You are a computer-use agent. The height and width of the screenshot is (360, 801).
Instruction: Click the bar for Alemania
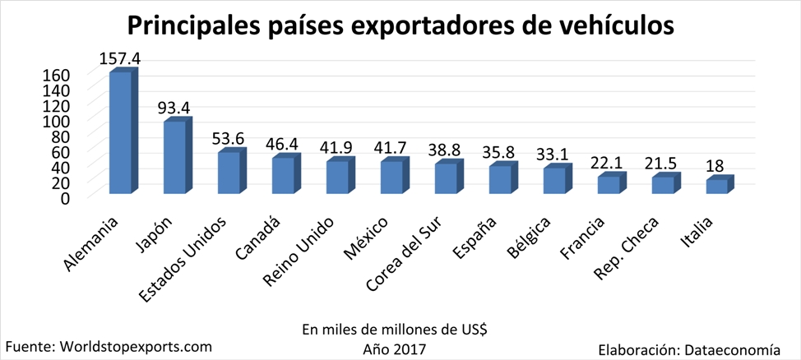point(121,133)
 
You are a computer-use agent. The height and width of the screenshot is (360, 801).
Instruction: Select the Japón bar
point(175,158)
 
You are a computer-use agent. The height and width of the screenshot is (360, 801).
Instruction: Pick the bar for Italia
point(717,187)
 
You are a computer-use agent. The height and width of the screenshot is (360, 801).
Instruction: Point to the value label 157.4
point(119,59)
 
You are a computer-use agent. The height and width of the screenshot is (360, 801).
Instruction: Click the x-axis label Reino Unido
point(300,252)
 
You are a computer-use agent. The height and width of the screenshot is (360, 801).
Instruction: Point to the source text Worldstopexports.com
point(137,346)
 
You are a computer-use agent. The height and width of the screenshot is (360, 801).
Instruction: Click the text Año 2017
point(395,348)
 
